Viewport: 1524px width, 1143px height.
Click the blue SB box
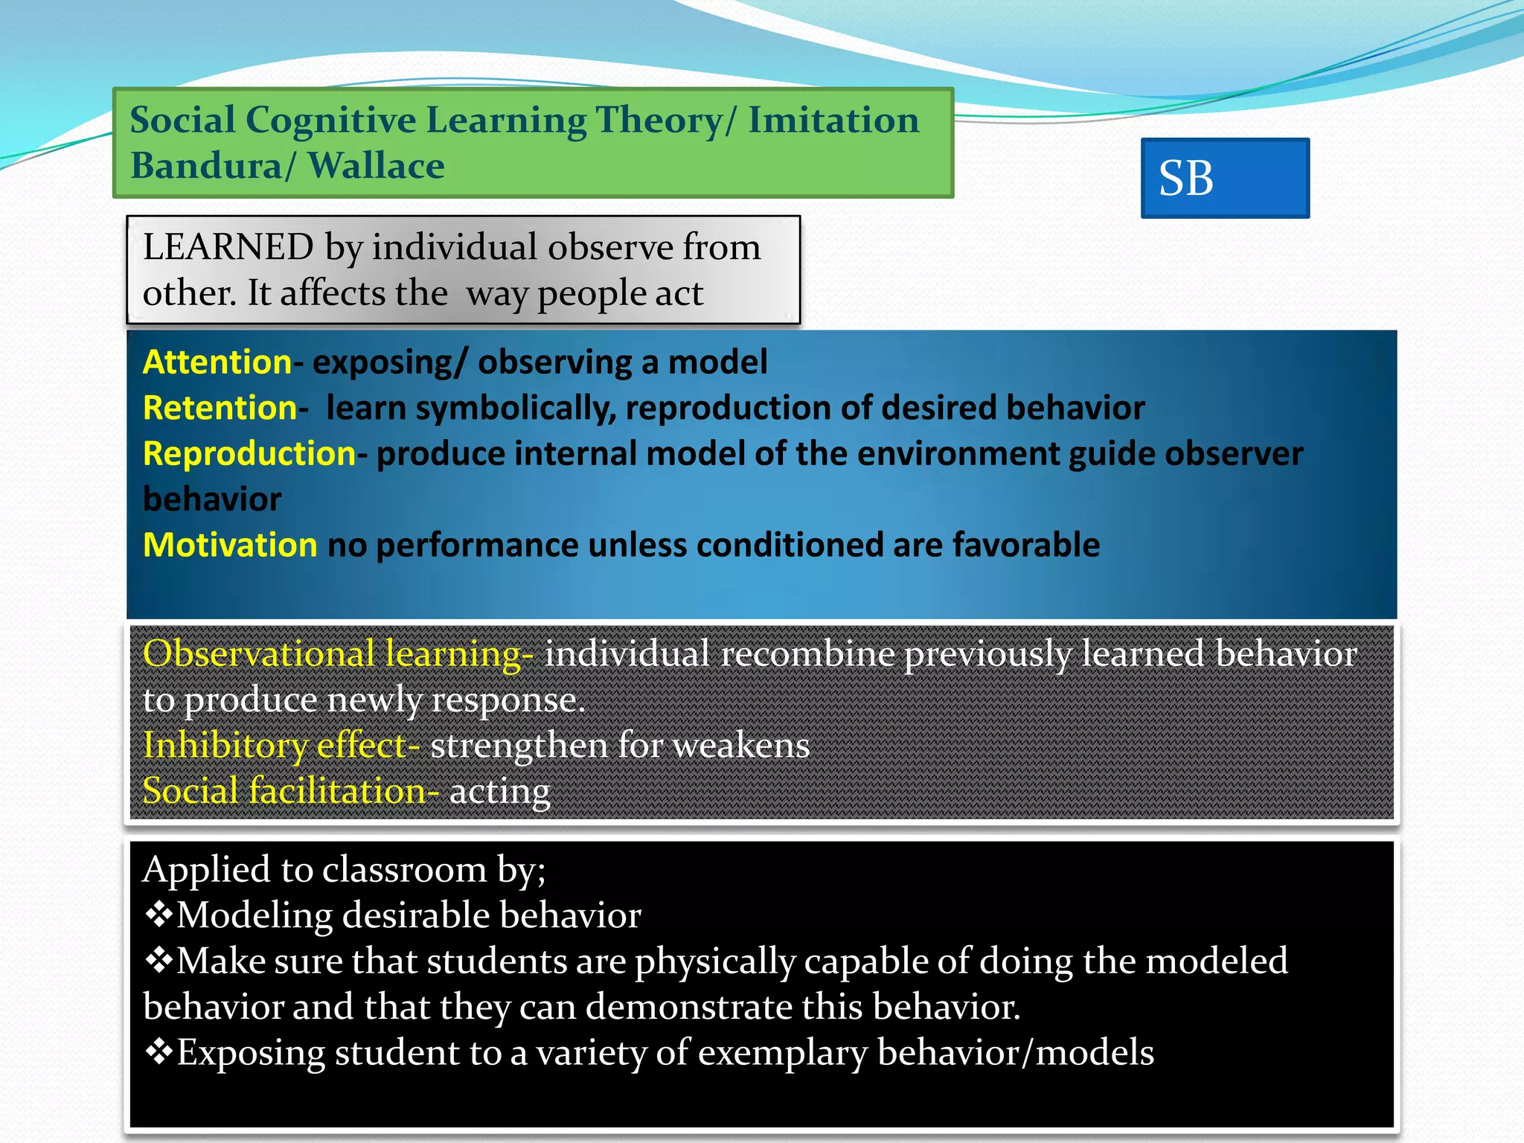[1224, 178]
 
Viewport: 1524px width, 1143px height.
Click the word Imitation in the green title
[833, 120]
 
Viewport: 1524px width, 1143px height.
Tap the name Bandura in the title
[205, 165]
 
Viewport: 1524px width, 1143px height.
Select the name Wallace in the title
[376, 165]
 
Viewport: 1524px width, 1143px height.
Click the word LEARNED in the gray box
[228, 247]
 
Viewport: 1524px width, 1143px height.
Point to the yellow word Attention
[217, 362]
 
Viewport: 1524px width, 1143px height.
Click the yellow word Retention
[220, 408]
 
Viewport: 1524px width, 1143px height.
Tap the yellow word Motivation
[230, 545]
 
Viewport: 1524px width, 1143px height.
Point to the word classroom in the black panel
[404, 869]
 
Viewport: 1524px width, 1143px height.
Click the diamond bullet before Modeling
[159, 915]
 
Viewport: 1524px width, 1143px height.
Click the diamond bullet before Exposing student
[159, 1052]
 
